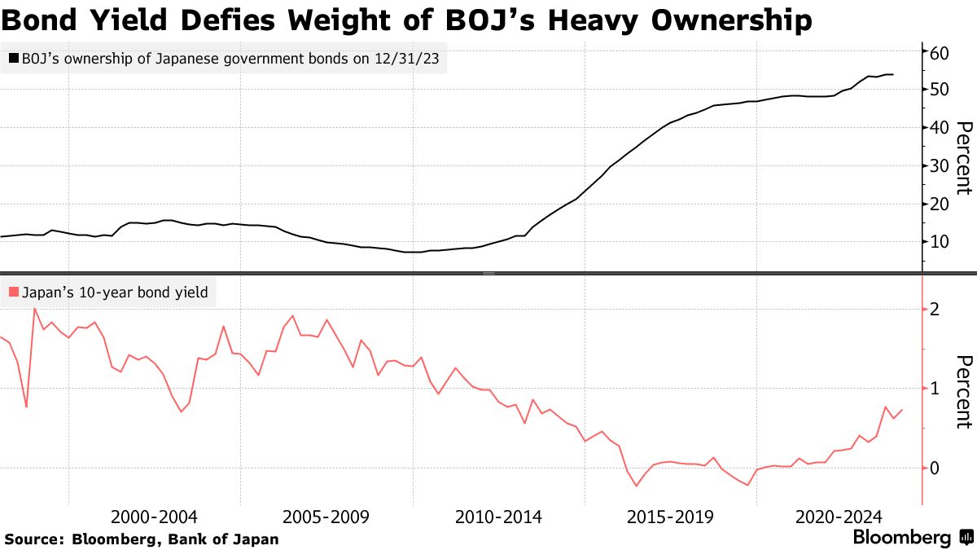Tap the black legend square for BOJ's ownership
click(x=13, y=59)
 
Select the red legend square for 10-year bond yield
click(x=13, y=292)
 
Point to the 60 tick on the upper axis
click(x=940, y=53)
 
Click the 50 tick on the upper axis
click(x=940, y=89)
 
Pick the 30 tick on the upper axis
click(x=940, y=165)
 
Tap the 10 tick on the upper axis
click(x=940, y=242)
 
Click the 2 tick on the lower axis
click(x=935, y=310)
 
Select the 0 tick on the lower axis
click(x=935, y=468)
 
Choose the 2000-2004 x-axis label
click(x=154, y=517)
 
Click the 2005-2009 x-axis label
click(x=326, y=517)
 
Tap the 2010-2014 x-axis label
click(x=498, y=517)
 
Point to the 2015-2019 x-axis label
click(x=670, y=517)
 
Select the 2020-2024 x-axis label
click(x=839, y=517)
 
